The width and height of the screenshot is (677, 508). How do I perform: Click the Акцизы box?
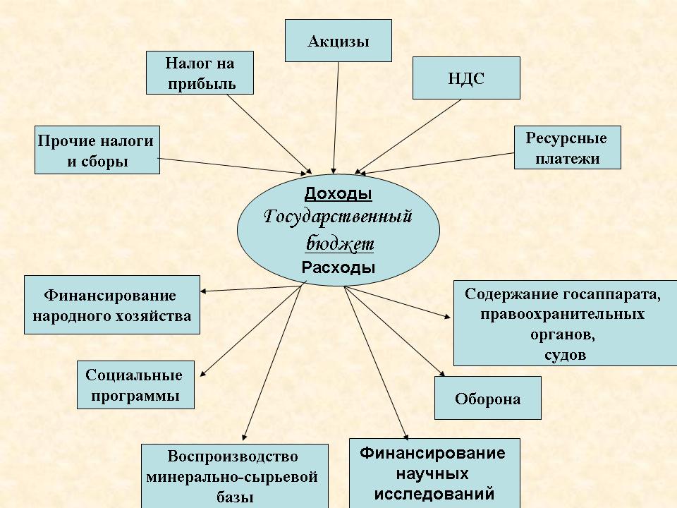click(x=338, y=41)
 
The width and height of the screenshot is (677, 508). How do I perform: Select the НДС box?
click(x=465, y=78)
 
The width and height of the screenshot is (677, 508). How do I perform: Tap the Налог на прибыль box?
click(x=200, y=73)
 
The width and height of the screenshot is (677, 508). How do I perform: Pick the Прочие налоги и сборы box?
click(x=97, y=150)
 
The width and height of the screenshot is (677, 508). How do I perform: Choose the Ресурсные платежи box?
click(x=567, y=147)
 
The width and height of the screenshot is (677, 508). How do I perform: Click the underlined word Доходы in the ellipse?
click(x=338, y=193)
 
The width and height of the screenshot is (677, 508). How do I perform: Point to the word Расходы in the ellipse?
click(x=338, y=267)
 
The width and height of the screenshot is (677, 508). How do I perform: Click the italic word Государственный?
click(x=338, y=217)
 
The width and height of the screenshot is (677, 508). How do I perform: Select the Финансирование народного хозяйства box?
click(x=111, y=304)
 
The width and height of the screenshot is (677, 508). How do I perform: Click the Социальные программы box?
click(x=134, y=385)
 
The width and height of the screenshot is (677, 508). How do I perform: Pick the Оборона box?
click(x=487, y=399)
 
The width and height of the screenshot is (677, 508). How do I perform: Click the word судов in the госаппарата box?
click(x=566, y=354)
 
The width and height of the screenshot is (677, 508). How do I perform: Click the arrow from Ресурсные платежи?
click(x=437, y=161)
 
